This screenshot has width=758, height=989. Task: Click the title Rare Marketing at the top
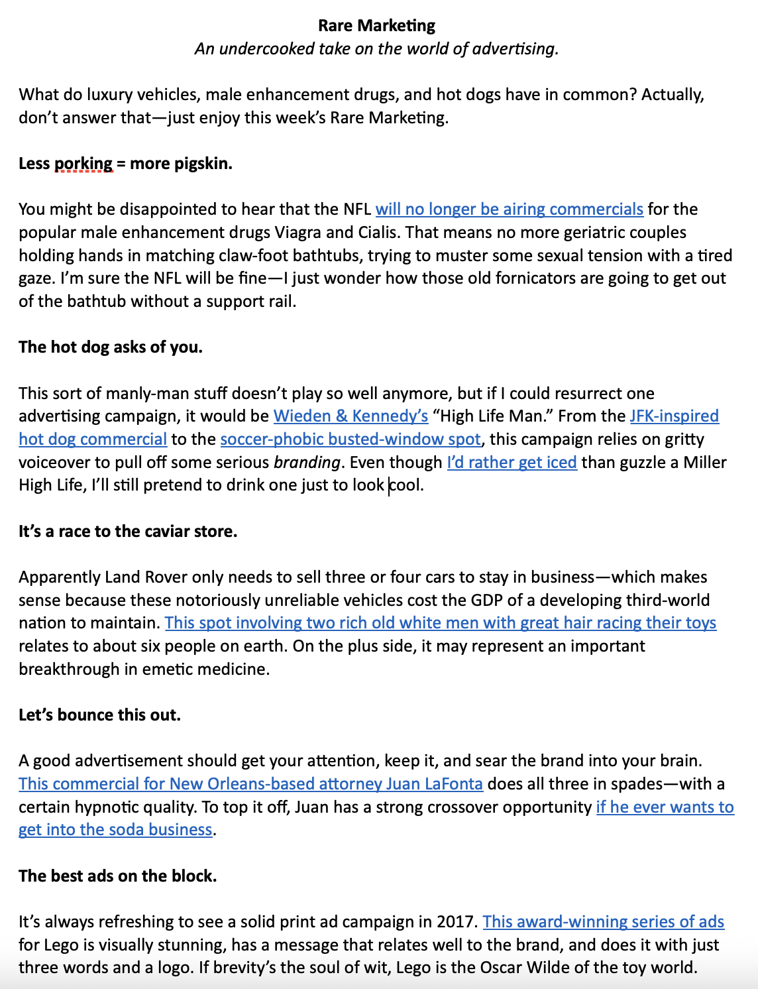coord(376,26)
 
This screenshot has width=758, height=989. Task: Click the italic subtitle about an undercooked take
coord(376,49)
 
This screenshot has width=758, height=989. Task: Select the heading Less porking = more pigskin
coord(125,164)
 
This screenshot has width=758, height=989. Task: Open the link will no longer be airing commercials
coord(509,209)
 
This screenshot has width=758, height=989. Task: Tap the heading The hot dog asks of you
coord(111,347)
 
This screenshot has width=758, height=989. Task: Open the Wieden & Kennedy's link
coord(351,416)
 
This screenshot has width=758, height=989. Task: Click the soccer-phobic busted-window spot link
coord(350,439)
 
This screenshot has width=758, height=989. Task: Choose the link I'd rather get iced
coord(512,463)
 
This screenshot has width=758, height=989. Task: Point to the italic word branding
coord(307,463)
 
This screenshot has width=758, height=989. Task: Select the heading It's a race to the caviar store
coord(128,532)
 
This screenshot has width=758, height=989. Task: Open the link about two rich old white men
coord(440,623)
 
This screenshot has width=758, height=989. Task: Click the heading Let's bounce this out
coord(99,715)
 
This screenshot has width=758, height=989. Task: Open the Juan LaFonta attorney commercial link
coord(250,784)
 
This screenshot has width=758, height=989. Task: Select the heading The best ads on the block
coord(118,876)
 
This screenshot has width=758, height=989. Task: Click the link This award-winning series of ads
coord(603,922)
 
